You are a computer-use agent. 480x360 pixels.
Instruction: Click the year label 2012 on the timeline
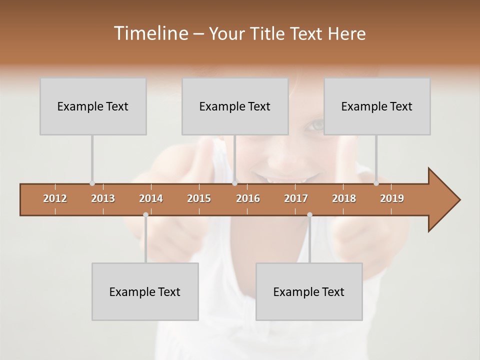(x=55, y=198)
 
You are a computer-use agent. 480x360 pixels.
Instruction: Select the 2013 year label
(x=103, y=198)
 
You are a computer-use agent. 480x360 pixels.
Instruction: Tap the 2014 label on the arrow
(x=151, y=198)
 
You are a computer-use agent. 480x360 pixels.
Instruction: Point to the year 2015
(x=199, y=198)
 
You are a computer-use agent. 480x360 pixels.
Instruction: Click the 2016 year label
(x=248, y=198)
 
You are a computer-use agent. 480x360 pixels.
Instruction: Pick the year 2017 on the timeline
(x=296, y=198)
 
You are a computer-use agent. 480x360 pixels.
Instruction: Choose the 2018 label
(x=344, y=198)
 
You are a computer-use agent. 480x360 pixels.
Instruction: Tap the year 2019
(x=392, y=198)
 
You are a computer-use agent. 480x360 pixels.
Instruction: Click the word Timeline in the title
(x=150, y=33)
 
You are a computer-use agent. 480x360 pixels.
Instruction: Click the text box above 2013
(x=93, y=106)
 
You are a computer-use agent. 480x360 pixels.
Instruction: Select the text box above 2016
(x=235, y=106)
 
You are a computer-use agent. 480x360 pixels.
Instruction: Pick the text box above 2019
(x=377, y=106)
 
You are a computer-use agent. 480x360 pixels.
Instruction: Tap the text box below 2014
(x=145, y=291)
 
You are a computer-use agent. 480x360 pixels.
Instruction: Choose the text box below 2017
(x=309, y=291)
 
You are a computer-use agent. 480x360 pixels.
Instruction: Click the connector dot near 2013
(x=92, y=183)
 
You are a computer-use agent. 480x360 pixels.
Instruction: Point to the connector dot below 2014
(x=145, y=214)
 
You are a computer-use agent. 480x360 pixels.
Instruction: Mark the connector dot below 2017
(x=309, y=214)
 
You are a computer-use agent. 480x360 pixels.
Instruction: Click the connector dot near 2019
(x=376, y=183)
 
